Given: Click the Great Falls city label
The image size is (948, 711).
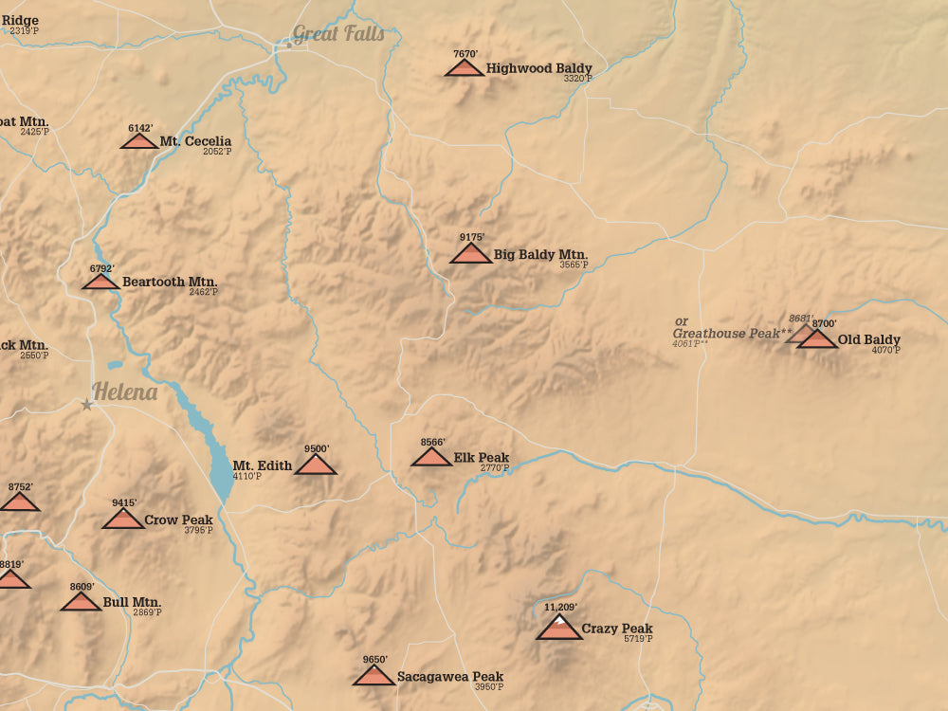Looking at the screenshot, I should point(338,34).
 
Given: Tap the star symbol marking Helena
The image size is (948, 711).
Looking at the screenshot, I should point(87,405).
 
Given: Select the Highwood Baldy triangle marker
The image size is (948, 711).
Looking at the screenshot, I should point(465,68).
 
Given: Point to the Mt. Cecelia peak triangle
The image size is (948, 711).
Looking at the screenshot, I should point(139,141).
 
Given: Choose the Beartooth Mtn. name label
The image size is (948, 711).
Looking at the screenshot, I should point(170,282).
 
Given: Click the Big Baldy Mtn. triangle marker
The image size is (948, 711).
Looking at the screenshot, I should point(470,253).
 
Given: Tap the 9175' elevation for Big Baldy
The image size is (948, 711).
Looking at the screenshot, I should point(472,237).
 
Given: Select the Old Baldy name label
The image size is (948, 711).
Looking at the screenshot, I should point(869,339).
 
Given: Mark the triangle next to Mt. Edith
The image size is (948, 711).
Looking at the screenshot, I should point(316,465).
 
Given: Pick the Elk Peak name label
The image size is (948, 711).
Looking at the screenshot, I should point(482,457).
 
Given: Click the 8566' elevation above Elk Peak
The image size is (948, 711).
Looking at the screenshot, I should point(433,442).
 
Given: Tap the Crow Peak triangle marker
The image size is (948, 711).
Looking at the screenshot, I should point(123,520).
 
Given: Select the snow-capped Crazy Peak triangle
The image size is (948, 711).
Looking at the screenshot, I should point(559,628).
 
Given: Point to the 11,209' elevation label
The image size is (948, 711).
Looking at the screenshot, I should point(561,607).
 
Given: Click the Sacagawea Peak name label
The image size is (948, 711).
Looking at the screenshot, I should point(450,676).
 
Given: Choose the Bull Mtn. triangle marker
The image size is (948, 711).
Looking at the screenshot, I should point(82,601).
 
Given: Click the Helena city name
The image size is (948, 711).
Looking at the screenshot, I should point(125,392).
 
